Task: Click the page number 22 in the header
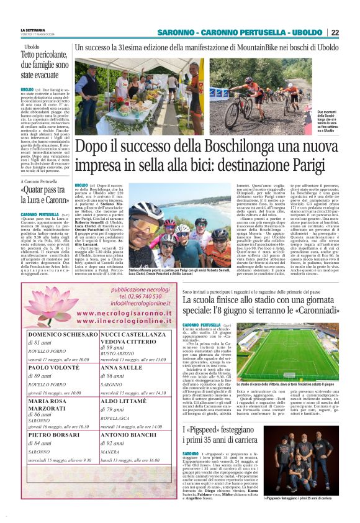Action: coord(335,32)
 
